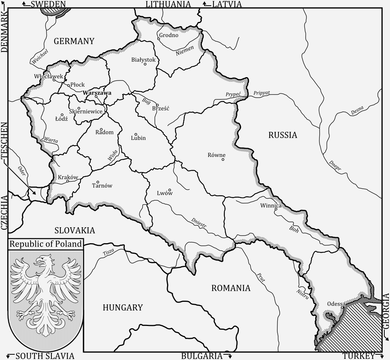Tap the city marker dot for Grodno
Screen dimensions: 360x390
click(159, 39)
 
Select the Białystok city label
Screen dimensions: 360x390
click(143, 59)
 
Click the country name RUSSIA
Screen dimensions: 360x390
click(283, 135)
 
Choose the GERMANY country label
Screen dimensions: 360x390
click(74, 41)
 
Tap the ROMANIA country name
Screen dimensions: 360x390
click(231, 288)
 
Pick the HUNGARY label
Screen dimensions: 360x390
click(123, 307)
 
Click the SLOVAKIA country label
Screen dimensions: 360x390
click(75, 230)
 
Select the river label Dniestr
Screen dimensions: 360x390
click(199, 223)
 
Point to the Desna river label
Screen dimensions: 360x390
click(357, 110)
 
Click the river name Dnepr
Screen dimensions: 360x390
click(335, 166)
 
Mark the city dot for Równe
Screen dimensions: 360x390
click(223, 160)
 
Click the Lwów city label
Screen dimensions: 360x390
click(165, 193)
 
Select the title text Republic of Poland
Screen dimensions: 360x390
click(45, 244)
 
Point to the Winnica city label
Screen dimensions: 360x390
click(271, 206)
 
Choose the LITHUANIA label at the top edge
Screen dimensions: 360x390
click(168, 4)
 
